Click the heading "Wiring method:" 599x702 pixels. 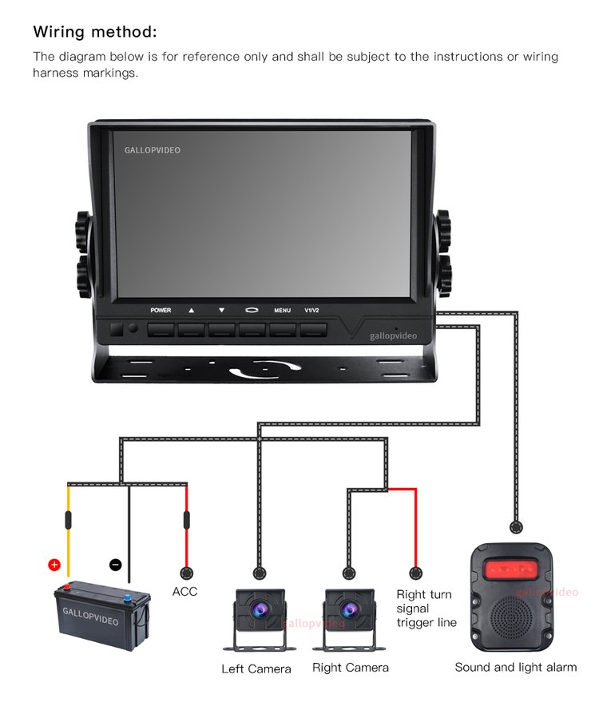click(x=95, y=32)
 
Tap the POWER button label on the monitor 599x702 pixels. click(x=161, y=310)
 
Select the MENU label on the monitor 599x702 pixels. click(x=282, y=310)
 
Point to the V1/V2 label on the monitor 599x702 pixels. click(x=311, y=310)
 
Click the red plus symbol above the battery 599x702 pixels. click(x=54, y=565)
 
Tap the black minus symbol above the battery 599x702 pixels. click(x=116, y=565)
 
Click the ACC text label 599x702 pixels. click(x=184, y=592)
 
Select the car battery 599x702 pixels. click(x=102, y=610)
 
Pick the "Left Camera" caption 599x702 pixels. click(x=256, y=668)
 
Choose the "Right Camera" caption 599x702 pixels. click(x=351, y=668)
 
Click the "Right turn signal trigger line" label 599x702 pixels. click(x=426, y=609)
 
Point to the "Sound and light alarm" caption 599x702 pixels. click(x=515, y=667)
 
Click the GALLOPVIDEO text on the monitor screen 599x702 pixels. click(x=153, y=149)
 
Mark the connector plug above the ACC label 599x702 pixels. click(x=186, y=573)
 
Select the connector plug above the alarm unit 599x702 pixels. click(x=517, y=527)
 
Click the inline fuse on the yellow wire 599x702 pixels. click(x=68, y=521)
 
